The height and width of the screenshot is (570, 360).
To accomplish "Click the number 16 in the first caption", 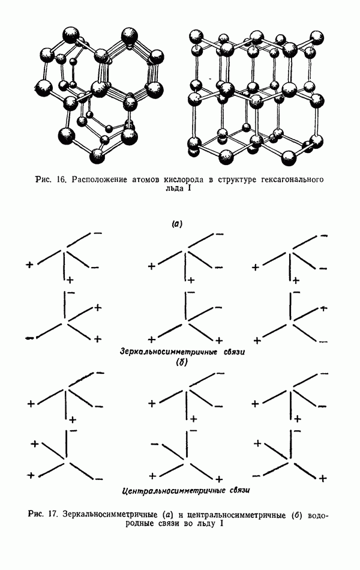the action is (60, 180).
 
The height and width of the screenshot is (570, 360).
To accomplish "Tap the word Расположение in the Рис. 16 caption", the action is (95, 180).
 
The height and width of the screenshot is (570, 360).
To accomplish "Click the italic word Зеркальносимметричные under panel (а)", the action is (169, 352).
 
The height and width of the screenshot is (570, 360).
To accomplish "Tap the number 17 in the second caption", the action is (53, 514).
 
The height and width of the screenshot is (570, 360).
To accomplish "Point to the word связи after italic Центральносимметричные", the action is (239, 490).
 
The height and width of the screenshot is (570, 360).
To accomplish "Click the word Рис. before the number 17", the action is (37, 514).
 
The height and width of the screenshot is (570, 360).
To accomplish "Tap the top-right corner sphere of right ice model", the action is (316, 37).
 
